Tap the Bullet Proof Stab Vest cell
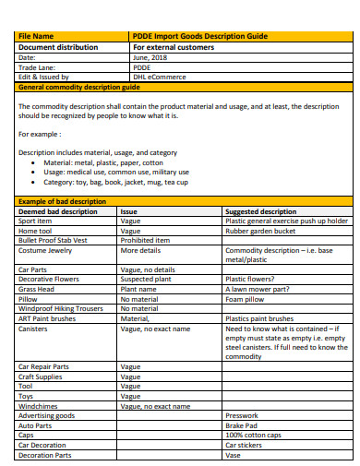click(54, 240)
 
